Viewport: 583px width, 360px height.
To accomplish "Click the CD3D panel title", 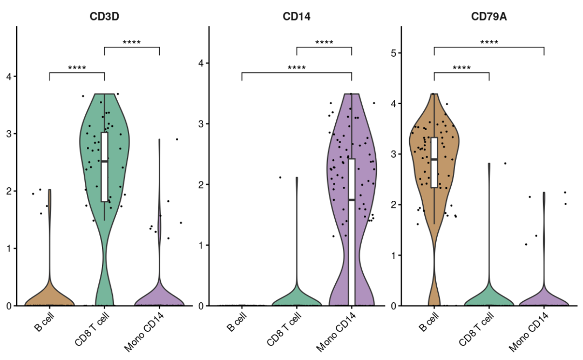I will click(x=104, y=17).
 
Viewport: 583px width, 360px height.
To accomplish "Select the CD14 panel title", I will click(x=296, y=17).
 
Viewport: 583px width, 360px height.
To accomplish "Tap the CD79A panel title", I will click(x=489, y=17).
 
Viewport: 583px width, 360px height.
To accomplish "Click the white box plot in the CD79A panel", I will click(x=434, y=162).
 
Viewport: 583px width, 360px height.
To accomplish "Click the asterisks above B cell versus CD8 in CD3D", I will click(x=77, y=68).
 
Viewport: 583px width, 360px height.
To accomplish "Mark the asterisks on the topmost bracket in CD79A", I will click(x=489, y=42).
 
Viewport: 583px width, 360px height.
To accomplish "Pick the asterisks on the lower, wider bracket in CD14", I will click(x=296, y=68).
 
